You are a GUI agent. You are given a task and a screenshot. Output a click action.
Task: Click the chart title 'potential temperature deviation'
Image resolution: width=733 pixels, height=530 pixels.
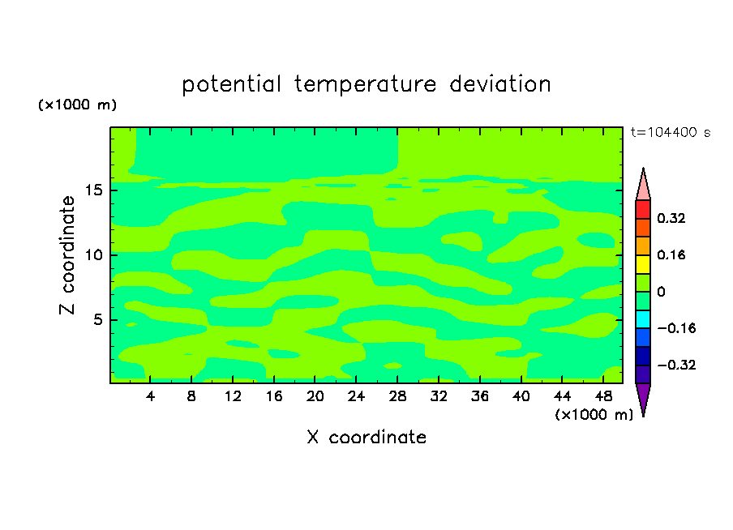click(x=366, y=85)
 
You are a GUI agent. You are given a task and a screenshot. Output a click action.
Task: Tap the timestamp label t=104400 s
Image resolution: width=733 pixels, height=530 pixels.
click(x=671, y=132)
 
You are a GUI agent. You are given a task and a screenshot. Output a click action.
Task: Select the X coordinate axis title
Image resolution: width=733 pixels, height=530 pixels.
click(x=366, y=437)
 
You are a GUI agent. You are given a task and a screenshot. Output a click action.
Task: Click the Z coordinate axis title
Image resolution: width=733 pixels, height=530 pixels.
click(x=67, y=254)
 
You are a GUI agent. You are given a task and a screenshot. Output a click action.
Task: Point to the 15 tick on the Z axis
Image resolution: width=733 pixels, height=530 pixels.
click(x=94, y=190)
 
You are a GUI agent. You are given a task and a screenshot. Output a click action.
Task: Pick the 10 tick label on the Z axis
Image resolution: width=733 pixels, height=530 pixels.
click(x=94, y=255)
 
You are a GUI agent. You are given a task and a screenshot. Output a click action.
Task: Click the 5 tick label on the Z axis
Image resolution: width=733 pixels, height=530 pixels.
click(x=97, y=319)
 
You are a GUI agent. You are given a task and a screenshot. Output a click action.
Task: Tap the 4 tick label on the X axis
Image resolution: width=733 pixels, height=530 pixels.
click(x=150, y=397)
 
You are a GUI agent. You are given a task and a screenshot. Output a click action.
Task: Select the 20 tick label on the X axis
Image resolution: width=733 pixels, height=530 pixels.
click(x=315, y=397)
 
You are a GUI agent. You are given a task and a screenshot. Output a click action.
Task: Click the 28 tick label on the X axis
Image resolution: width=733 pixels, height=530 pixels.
click(x=397, y=397)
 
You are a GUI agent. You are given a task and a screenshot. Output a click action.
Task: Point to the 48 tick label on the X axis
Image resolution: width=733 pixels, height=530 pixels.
click(x=603, y=397)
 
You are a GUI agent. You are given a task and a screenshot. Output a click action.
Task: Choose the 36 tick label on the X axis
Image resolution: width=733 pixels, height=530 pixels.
click(x=480, y=397)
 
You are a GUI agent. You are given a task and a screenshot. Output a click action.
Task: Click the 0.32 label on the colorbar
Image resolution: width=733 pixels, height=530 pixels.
click(x=671, y=218)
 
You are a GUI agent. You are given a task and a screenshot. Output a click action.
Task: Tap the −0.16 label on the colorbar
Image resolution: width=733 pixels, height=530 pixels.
click(x=676, y=328)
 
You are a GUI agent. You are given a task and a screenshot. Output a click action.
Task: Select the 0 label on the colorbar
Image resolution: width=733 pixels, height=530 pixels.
click(x=661, y=292)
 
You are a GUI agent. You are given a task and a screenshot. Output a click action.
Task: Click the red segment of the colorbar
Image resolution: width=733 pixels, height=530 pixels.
click(x=643, y=209)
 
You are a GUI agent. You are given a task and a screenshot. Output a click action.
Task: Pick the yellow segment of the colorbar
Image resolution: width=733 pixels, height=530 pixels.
click(x=643, y=264)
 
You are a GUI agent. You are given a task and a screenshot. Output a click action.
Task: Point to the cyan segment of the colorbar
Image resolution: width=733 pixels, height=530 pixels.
click(x=643, y=319)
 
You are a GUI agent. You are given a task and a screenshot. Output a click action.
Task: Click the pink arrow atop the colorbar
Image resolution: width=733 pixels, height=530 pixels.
click(x=643, y=184)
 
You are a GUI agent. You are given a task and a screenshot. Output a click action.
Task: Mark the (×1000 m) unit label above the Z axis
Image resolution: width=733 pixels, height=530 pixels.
click(x=77, y=105)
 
